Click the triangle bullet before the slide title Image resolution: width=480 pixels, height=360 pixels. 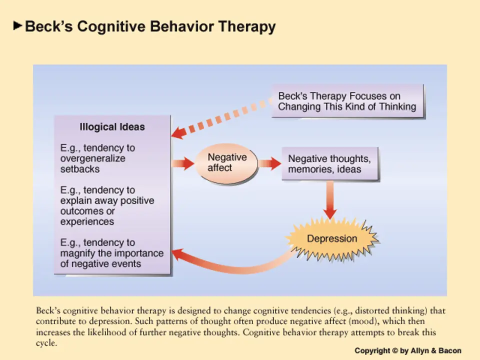point(18,25)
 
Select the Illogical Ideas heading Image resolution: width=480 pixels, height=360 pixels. point(112,127)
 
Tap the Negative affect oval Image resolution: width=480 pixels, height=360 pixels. point(227,162)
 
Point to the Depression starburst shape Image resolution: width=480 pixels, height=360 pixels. point(332,239)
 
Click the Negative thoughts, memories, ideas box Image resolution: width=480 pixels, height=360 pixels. point(329,164)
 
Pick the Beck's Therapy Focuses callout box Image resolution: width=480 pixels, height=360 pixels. point(347,101)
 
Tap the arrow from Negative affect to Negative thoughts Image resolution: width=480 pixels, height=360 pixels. point(270,163)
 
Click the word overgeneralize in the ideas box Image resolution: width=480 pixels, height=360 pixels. point(92,158)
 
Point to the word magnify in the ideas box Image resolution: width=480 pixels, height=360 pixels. point(78,253)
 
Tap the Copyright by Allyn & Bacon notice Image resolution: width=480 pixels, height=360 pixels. point(408,350)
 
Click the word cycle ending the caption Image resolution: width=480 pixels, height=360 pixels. point(46,343)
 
